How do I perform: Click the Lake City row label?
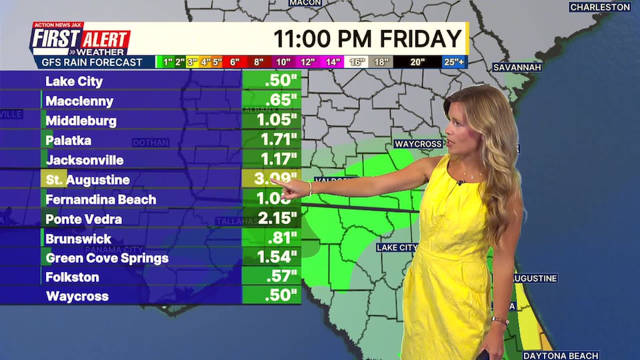[x=74, y=81]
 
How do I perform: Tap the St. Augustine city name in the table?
[x=87, y=180]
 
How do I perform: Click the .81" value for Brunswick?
[x=281, y=238]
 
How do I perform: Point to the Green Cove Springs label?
[x=107, y=258]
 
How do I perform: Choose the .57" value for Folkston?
[x=281, y=277]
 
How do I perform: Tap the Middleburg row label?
[x=81, y=121]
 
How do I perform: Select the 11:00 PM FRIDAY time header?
[x=367, y=38]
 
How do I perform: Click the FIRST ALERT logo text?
[x=80, y=39]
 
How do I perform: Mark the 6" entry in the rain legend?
[x=235, y=62]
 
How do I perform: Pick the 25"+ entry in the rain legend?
[x=454, y=62]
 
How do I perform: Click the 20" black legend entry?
[x=417, y=62]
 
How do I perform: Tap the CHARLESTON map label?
[x=600, y=7]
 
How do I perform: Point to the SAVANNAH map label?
[x=517, y=67]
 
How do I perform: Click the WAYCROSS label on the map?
[x=418, y=144]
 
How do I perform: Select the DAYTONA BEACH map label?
[x=561, y=355]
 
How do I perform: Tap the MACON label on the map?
[x=305, y=3]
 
